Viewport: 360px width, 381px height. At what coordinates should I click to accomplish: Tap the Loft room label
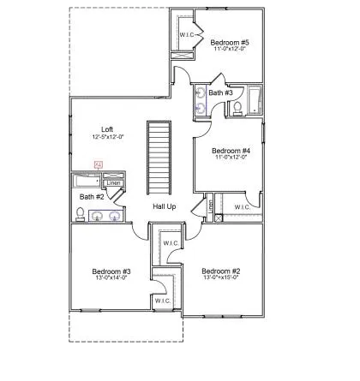[107, 129]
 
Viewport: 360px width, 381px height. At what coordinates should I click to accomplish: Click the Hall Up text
[165, 207]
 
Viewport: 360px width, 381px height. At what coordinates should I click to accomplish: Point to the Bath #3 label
[220, 92]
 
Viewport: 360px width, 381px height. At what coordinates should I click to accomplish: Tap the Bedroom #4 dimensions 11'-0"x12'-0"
[231, 157]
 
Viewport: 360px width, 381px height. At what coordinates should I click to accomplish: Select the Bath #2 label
[93, 197]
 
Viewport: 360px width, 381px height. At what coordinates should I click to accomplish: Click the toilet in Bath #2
[80, 214]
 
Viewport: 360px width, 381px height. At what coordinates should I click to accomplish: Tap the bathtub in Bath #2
[87, 182]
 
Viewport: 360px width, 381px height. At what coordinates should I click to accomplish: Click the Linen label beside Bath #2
[113, 182]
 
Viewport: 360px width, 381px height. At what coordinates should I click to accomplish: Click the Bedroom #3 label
[111, 272]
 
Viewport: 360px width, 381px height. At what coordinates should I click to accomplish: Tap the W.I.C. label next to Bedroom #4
[243, 206]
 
